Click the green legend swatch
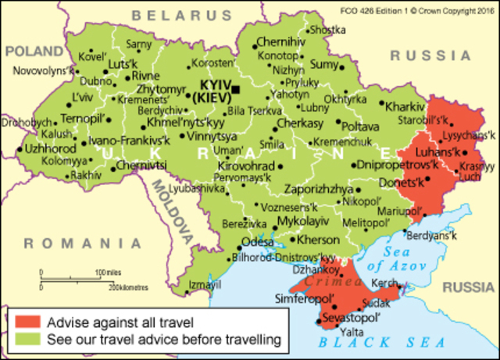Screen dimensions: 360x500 coord(26,340)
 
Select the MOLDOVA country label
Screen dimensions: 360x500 coord(172,208)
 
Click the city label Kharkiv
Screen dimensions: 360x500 coord(404,105)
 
